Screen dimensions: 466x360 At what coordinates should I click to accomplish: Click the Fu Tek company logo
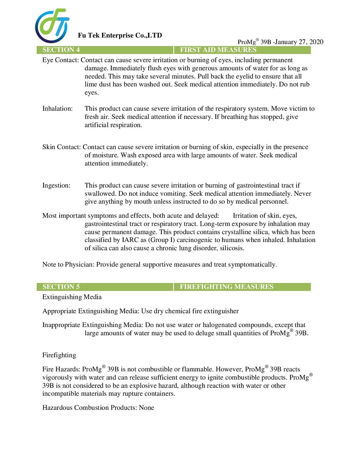coord(52,26)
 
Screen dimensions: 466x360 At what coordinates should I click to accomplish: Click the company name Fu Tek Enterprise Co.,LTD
coord(120,35)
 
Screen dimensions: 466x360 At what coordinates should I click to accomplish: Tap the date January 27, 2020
coord(299,42)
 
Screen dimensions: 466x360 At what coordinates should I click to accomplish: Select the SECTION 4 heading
coord(61,50)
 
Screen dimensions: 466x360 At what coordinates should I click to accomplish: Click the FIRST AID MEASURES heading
coord(218,50)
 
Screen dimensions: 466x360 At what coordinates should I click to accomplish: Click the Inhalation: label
coord(57,109)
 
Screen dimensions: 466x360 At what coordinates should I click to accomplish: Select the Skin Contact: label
coord(62,147)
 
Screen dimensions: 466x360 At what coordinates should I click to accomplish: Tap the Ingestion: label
coord(56,185)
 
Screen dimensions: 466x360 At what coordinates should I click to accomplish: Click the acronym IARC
coord(130,240)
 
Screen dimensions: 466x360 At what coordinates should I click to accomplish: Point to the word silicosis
coord(232,248)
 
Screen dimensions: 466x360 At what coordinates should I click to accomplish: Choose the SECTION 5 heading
coord(61,287)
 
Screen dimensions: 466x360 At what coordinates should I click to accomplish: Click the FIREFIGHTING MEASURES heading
coord(226,287)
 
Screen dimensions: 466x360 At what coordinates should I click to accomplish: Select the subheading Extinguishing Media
coord(72,297)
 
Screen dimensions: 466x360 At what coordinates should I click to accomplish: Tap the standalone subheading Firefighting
coord(59,355)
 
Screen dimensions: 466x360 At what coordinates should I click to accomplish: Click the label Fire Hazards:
coord(61,369)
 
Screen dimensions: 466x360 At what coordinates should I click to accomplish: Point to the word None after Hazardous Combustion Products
coord(147,408)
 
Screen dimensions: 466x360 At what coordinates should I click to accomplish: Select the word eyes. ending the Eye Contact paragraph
coord(91,93)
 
